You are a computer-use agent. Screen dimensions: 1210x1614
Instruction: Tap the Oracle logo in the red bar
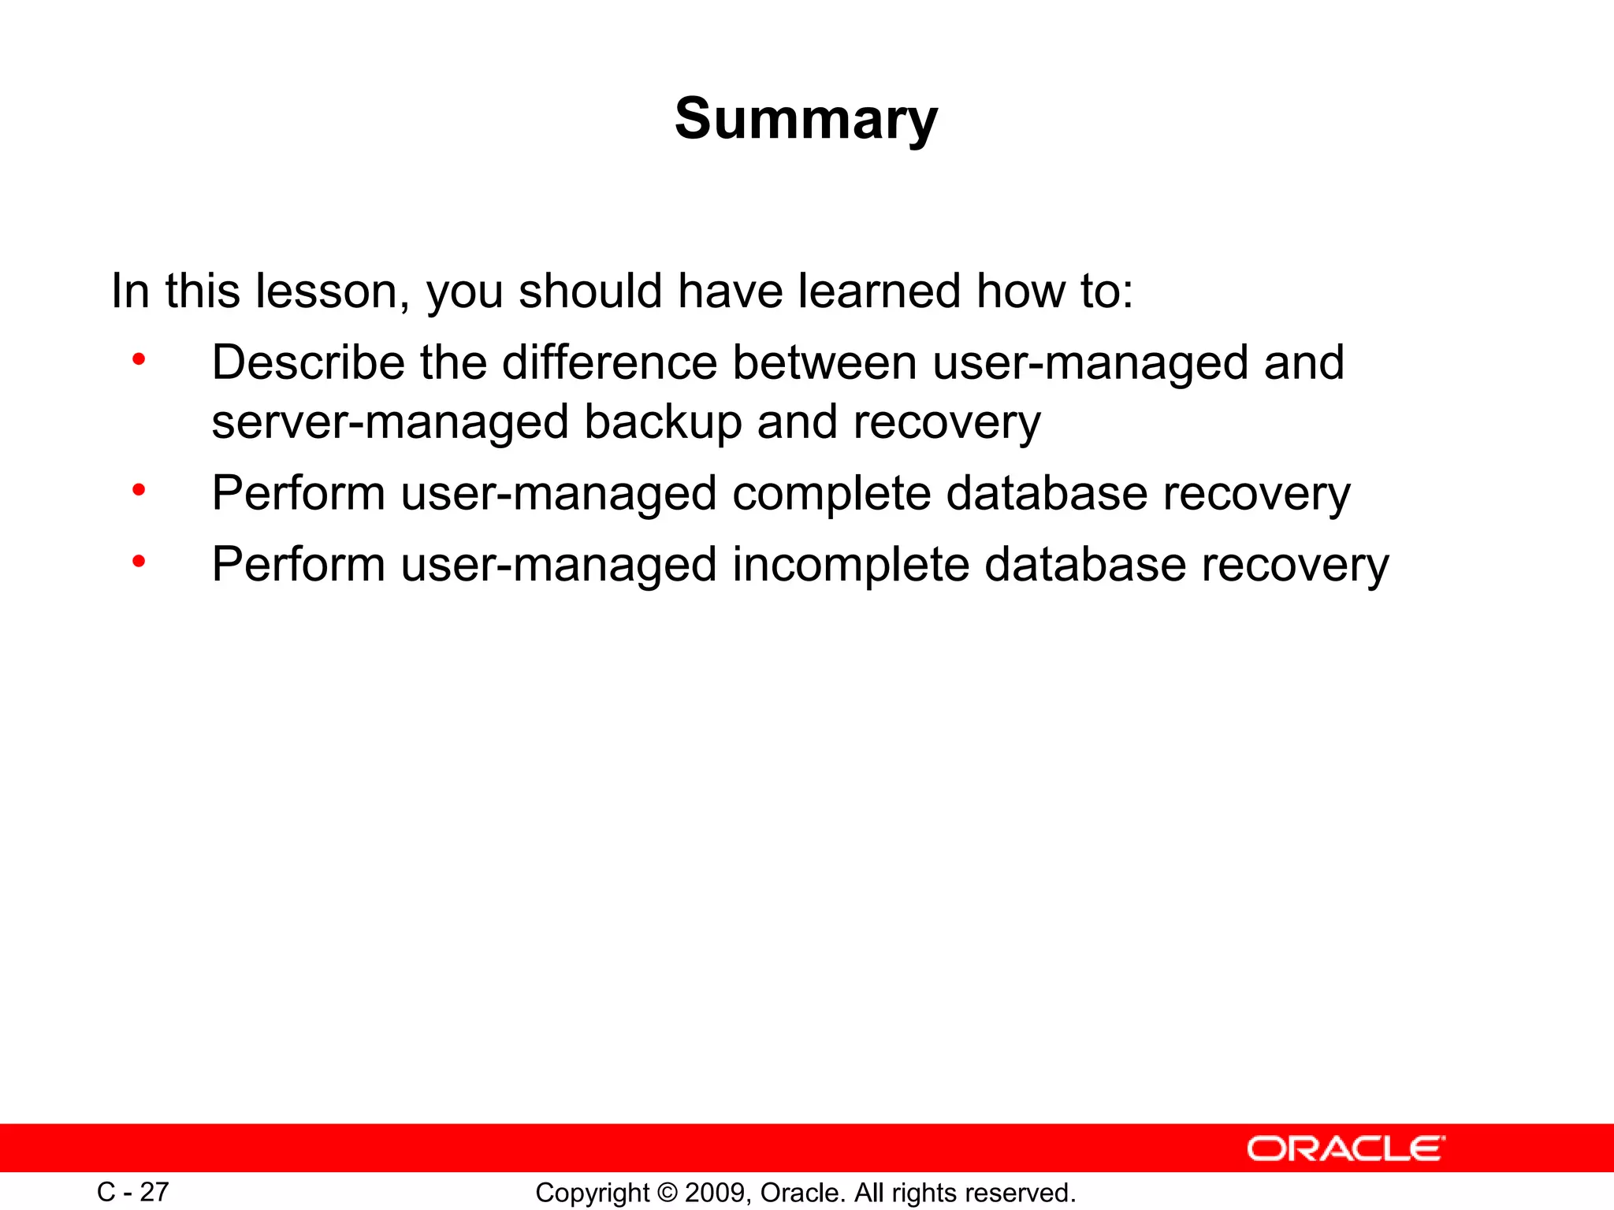pyautogui.click(x=1345, y=1149)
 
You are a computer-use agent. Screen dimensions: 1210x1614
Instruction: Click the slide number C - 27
pyautogui.click(x=132, y=1192)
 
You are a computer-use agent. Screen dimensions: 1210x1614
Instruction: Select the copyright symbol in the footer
pyautogui.click(x=667, y=1193)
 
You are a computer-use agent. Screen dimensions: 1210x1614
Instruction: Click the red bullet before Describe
pyautogui.click(x=139, y=361)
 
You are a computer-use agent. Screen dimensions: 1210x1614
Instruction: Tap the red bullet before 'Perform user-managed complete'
pyautogui.click(x=139, y=492)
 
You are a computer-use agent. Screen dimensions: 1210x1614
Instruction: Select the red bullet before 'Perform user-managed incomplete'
pyautogui.click(x=139, y=562)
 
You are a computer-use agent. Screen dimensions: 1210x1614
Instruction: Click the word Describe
pyautogui.click(x=308, y=362)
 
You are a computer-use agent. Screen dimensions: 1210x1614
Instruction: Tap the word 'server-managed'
pyautogui.click(x=390, y=422)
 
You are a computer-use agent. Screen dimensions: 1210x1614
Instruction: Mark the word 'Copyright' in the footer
pyautogui.click(x=592, y=1193)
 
